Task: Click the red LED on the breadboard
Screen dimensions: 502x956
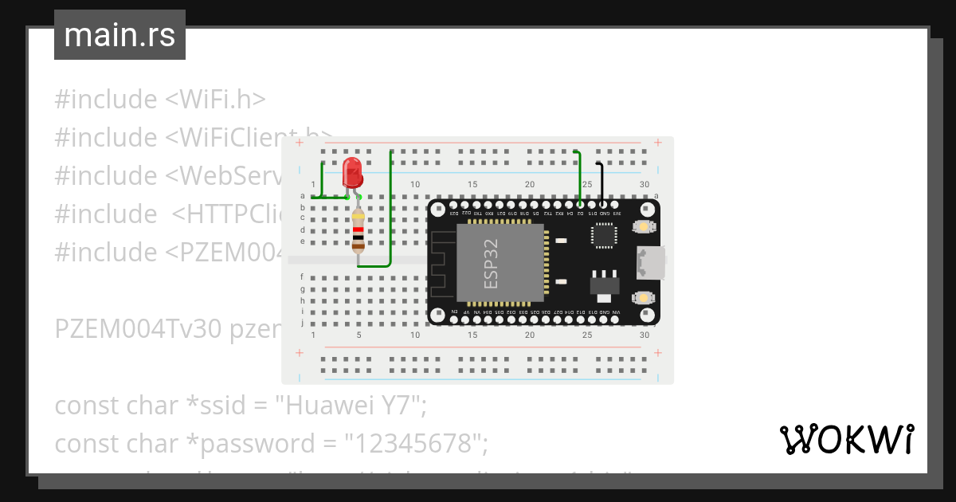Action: pyautogui.click(x=351, y=173)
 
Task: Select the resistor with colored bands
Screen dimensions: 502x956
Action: pyautogui.click(x=358, y=231)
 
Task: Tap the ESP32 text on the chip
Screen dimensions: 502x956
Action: pyautogui.click(x=492, y=264)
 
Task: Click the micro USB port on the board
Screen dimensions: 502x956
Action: pyautogui.click(x=649, y=263)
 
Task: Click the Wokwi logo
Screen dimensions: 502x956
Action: pyautogui.click(x=846, y=440)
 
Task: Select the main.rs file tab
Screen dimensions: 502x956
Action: pyautogui.click(x=119, y=35)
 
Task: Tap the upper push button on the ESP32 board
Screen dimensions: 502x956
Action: pyautogui.click(x=642, y=228)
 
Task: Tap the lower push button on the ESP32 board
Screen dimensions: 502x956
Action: pyautogui.click(x=642, y=298)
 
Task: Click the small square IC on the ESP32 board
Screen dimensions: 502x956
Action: pyautogui.click(x=603, y=235)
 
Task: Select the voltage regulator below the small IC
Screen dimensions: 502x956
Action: pyautogui.click(x=603, y=284)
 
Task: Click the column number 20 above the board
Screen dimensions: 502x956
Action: pyautogui.click(x=530, y=185)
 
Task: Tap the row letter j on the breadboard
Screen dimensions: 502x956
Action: pyautogui.click(x=302, y=324)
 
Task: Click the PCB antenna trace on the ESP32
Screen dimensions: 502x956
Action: pyautogui.click(x=441, y=263)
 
